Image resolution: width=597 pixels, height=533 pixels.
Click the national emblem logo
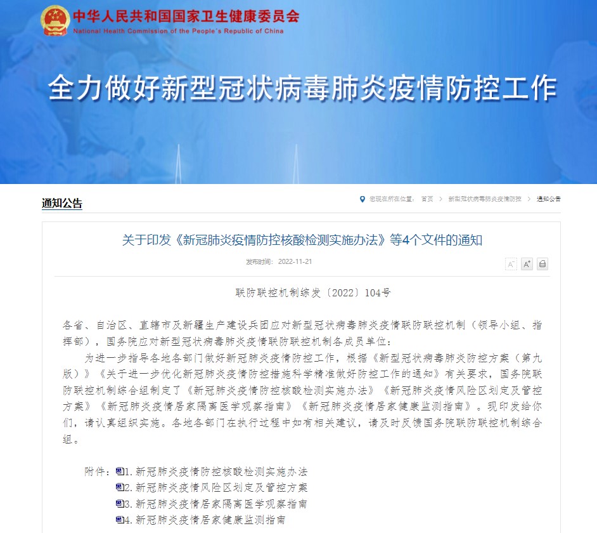click(x=55, y=20)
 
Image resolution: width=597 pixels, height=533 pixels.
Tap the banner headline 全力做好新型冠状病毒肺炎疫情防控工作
click(x=302, y=89)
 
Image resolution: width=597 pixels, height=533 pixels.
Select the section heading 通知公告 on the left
click(x=62, y=204)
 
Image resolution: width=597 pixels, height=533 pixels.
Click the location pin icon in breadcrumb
click(x=362, y=199)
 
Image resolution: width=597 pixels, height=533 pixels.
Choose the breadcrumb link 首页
click(x=427, y=199)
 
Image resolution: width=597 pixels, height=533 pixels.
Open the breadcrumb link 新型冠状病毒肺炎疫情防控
click(x=484, y=199)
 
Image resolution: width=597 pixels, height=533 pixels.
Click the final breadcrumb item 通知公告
click(x=549, y=199)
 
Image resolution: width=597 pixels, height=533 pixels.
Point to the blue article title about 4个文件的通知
click(x=302, y=240)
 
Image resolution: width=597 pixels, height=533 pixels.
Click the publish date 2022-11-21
click(x=295, y=262)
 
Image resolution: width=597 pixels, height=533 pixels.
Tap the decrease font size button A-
click(x=511, y=264)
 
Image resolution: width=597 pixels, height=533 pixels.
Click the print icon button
click(x=542, y=264)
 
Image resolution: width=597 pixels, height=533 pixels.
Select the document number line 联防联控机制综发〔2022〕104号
click(x=313, y=293)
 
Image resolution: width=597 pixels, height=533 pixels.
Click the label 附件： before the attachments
click(x=99, y=472)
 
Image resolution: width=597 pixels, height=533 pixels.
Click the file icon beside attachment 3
click(x=120, y=504)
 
